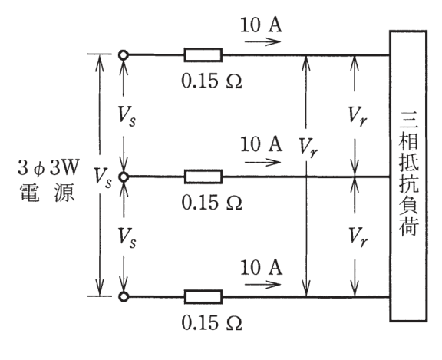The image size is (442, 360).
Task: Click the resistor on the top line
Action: tap(203, 54)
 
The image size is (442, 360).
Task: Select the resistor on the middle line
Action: tap(203, 177)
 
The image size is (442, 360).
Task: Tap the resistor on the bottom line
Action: tap(203, 296)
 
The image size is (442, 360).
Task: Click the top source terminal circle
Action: tap(124, 54)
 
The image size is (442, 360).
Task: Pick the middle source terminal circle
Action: tap(124, 177)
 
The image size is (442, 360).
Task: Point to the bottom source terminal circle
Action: tap(124, 296)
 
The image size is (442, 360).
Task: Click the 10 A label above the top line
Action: tap(262, 25)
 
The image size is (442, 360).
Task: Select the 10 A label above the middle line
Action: tap(262, 144)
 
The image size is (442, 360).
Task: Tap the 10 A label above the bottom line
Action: tap(262, 267)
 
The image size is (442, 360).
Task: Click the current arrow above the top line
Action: tap(262, 41)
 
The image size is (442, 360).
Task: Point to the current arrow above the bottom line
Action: tap(262, 284)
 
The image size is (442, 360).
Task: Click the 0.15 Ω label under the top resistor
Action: tap(212, 81)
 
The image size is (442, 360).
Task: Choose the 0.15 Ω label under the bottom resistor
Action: tap(212, 323)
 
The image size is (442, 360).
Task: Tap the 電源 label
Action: tap(48, 193)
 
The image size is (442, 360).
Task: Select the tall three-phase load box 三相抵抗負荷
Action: tap(408, 176)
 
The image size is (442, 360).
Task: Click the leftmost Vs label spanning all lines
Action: tap(103, 177)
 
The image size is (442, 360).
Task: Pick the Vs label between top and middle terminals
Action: tap(127, 117)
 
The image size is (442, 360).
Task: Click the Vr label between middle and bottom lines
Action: tap(358, 237)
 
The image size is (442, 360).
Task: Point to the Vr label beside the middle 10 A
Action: tap(308, 147)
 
